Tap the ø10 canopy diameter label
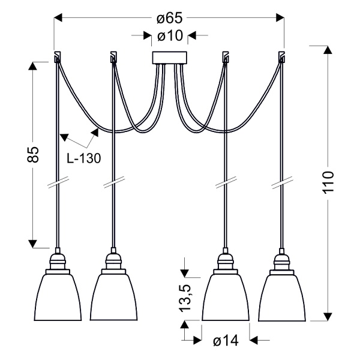[170, 36]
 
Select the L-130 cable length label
[83, 159]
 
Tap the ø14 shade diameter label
[226, 341]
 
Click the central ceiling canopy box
[170, 58]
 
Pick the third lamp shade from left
[226, 297]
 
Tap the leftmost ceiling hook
[57, 58]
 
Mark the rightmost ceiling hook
[281, 58]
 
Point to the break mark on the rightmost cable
[283, 182]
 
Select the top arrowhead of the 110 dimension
[328, 50]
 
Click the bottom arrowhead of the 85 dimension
[34, 242]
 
